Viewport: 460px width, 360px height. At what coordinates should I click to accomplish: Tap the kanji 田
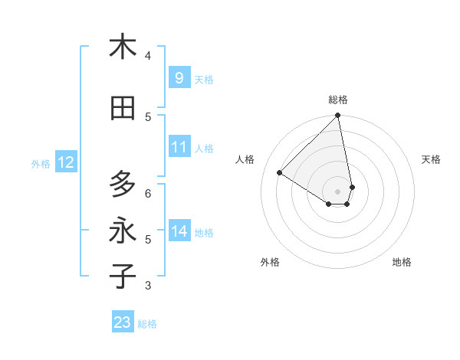pos(123,109)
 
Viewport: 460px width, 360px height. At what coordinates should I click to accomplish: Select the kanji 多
pos(123,185)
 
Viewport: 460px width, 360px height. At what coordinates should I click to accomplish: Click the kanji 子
pos(123,276)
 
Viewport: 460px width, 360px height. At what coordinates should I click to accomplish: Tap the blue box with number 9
pos(179,78)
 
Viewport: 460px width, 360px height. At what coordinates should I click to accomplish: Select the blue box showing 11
pos(179,148)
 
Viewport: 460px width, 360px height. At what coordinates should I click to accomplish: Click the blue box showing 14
pos(179,231)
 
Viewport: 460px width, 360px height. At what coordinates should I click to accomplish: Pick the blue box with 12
pos(65,162)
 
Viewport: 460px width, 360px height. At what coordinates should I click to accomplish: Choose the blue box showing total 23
pos(123,322)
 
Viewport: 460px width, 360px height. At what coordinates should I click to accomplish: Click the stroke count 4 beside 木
pos(148,55)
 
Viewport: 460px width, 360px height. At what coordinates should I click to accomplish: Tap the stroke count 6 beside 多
pos(148,193)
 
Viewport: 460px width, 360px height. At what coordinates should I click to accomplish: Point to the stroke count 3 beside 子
pos(148,286)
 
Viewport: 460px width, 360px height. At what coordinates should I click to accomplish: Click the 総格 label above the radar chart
pos(338,100)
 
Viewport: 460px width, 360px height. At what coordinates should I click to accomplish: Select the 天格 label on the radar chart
pos(431,159)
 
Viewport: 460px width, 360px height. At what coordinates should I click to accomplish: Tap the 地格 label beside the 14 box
pos(205,233)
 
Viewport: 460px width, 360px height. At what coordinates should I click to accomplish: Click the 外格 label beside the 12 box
pos(41,163)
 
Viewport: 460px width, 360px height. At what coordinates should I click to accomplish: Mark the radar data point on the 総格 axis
pos(338,116)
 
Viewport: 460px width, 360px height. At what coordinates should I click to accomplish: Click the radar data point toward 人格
pos(280,173)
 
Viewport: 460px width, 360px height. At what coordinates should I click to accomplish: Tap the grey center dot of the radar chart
pos(338,191)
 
